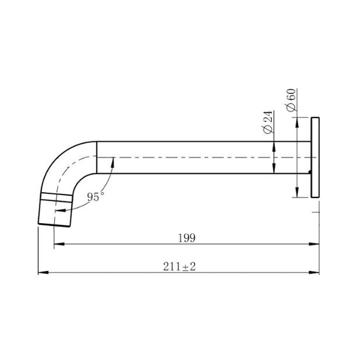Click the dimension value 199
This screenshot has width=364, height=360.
[x=187, y=238]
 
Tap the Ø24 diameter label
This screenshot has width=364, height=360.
[x=268, y=123]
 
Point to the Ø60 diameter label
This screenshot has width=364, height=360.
[x=290, y=99]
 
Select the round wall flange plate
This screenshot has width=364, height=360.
[x=315, y=157]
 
